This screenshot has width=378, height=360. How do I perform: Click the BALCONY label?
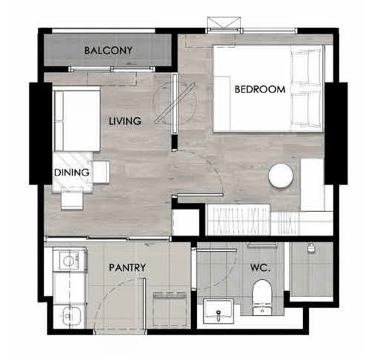click(x=108, y=50)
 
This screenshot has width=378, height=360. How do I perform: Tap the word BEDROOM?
click(x=260, y=89)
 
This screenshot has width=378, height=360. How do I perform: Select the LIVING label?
click(x=125, y=121)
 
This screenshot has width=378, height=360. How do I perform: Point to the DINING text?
click(x=72, y=173)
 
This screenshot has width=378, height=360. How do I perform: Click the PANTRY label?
click(x=127, y=267)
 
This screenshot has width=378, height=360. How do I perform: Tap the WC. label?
click(x=260, y=268)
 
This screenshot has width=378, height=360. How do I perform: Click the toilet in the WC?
click(x=262, y=297)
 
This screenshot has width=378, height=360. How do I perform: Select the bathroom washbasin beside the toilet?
click(x=218, y=311)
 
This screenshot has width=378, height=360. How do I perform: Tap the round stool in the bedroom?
click(x=281, y=175)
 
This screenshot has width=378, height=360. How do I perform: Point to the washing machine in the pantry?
click(x=70, y=260)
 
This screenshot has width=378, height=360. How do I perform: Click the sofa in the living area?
click(x=77, y=119)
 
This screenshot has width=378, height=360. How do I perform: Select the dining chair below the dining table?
click(x=72, y=200)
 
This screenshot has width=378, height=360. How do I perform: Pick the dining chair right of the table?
click(x=101, y=172)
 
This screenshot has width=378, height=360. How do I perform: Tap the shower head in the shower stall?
click(x=312, y=248)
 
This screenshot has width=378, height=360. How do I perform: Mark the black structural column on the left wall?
click(x=41, y=134)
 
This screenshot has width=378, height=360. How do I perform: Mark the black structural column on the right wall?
click(x=336, y=134)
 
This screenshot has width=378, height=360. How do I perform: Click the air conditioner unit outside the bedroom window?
click(x=224, y=22)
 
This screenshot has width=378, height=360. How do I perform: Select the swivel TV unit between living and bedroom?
click(x=175, y=104)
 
